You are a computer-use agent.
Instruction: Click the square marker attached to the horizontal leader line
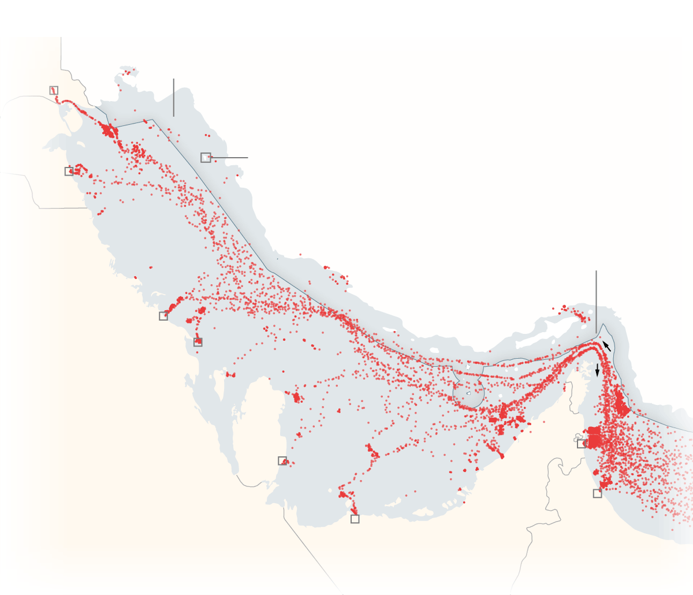(x=206, y=157)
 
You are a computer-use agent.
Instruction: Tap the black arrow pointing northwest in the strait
(x=606, y=346)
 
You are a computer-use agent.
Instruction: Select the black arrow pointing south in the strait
(x=598, y=370)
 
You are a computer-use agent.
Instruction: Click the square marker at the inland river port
(x=54, y=90)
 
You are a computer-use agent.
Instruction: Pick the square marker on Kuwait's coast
(x=69, y=172)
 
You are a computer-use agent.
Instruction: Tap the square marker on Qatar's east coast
(x=282, y=460)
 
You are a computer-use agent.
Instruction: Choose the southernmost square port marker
(x=355, y=519)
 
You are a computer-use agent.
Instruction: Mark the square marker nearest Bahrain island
(x=198, y=342)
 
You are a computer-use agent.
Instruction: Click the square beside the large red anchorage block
(x=582, y=444)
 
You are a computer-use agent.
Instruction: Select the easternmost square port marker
(x=597, y=493)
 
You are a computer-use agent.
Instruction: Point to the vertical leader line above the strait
(x=596, y=300)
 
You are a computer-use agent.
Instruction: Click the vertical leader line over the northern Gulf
(x=173, y=97)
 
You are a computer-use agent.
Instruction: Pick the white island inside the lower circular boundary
(x=468, y=393)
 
